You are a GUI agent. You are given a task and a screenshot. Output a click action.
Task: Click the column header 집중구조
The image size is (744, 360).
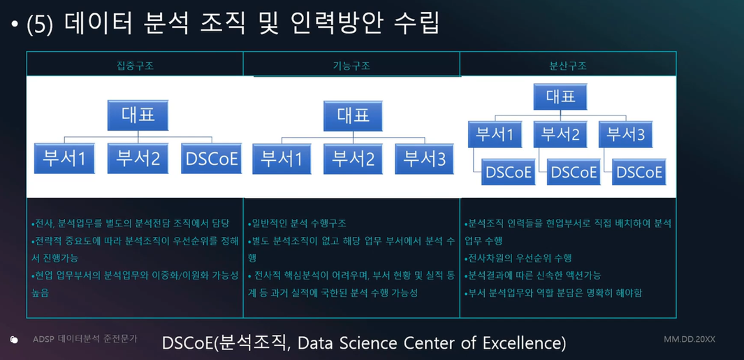[136, 66]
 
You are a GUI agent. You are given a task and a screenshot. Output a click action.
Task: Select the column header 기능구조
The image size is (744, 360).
[351, 66]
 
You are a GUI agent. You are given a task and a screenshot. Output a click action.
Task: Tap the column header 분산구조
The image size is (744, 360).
[568, 66]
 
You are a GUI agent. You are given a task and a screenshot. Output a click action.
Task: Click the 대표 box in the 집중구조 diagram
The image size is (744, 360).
[138, 115]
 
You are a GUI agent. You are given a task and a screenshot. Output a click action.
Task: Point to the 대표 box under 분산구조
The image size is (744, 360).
[560, 97]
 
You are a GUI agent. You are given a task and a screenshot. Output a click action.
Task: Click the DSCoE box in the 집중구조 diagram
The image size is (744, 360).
[212, 158]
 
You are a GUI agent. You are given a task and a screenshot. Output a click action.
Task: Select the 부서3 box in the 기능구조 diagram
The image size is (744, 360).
[425, 158]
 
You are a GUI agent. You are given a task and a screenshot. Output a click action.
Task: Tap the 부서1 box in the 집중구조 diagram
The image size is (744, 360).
[64, 158]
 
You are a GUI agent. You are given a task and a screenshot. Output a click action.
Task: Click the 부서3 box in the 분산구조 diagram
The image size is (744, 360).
[625, 134]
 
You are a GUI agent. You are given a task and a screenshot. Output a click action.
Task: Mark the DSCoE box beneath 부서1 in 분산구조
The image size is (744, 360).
[509, 172]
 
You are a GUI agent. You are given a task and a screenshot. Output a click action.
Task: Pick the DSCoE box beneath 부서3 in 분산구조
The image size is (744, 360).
[639, 172]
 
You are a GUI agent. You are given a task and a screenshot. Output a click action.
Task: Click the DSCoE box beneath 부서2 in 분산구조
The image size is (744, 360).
[574, 172]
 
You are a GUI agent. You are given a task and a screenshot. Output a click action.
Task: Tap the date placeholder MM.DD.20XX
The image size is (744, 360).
[690, 340]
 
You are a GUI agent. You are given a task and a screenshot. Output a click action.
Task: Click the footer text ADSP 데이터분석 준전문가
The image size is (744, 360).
[85, 340]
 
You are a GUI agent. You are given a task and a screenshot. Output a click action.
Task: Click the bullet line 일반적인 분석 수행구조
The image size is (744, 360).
[297, 223]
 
